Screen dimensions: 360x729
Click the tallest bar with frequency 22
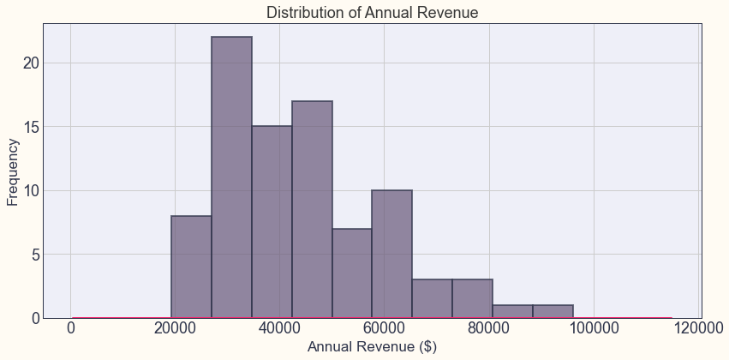231,177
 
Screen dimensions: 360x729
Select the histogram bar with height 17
312,209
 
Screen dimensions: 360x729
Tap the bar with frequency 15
272,222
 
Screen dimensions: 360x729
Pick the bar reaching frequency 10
391,254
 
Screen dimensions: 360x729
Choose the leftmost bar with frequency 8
191,267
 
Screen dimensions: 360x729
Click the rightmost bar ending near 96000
553,311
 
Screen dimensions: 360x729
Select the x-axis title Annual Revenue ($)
372,347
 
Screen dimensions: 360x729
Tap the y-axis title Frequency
13,172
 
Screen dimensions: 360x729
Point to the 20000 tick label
175,328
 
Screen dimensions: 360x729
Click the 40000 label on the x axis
279,328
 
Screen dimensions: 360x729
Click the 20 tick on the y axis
31,63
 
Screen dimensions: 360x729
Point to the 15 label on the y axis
31,127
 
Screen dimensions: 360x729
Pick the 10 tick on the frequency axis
31,190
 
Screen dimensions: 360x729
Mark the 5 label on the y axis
35,255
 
